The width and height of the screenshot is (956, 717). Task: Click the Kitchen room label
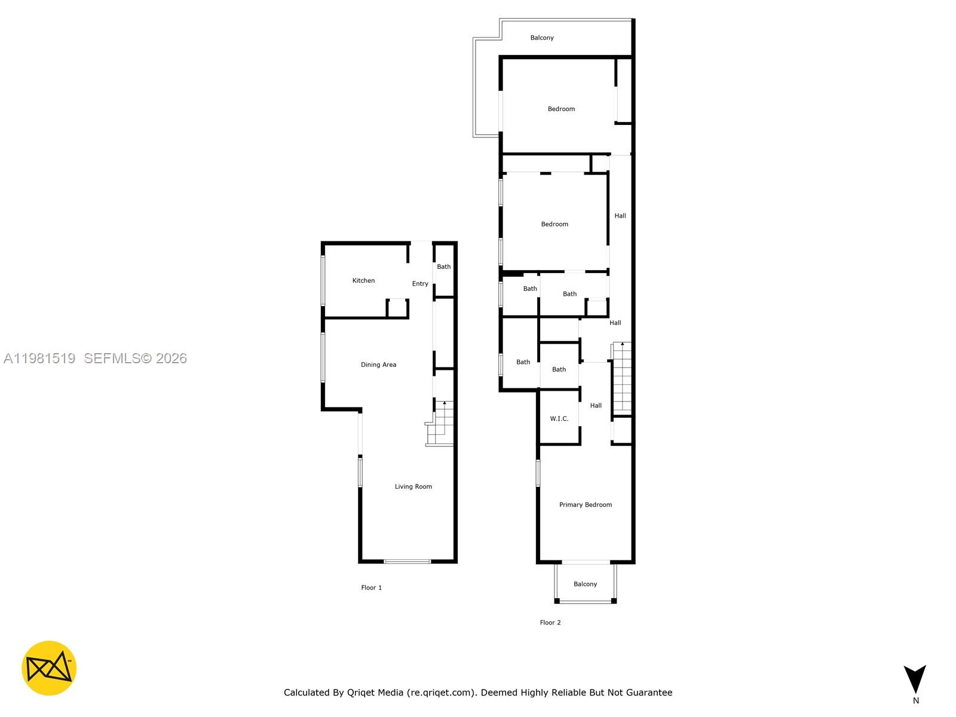click(363, 280)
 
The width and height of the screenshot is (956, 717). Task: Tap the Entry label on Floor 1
click(420, 284)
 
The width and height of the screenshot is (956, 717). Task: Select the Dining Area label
click(378, 364)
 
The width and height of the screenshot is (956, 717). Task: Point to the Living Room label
click(413, 486)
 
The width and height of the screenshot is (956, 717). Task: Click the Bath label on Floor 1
click(443, 266)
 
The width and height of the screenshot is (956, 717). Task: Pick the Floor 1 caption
click(371, 587)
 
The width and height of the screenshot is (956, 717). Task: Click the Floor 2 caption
click(550, 622)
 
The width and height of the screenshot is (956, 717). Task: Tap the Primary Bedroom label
click(585, 505)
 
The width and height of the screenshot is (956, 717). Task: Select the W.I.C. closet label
click(559, 419)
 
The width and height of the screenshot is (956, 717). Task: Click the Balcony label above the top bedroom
click(542, 38)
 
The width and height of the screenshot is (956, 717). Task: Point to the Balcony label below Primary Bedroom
click(585, 584)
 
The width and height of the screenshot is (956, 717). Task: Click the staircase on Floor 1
click(443, 423)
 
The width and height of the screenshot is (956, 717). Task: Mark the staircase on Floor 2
click(622, 376)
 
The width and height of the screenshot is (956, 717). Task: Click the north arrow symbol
click(915, 679)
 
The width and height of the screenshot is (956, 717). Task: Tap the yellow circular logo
click(49, 668)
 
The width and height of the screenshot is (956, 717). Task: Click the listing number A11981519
click(39, 358)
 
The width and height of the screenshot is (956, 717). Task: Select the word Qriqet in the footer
click(361, 693)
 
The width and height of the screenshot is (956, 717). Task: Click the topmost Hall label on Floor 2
click(620, 216)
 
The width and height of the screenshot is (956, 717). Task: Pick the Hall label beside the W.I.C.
click(596, 406)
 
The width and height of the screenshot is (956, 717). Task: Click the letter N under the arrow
click(915, 701)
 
